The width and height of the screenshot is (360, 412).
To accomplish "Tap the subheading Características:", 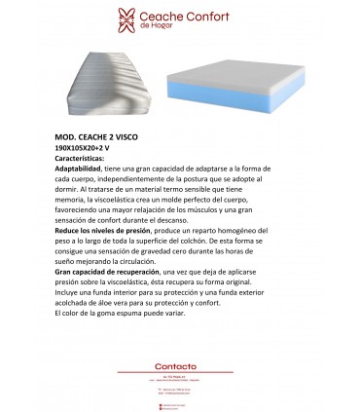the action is (x=85, y=156).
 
